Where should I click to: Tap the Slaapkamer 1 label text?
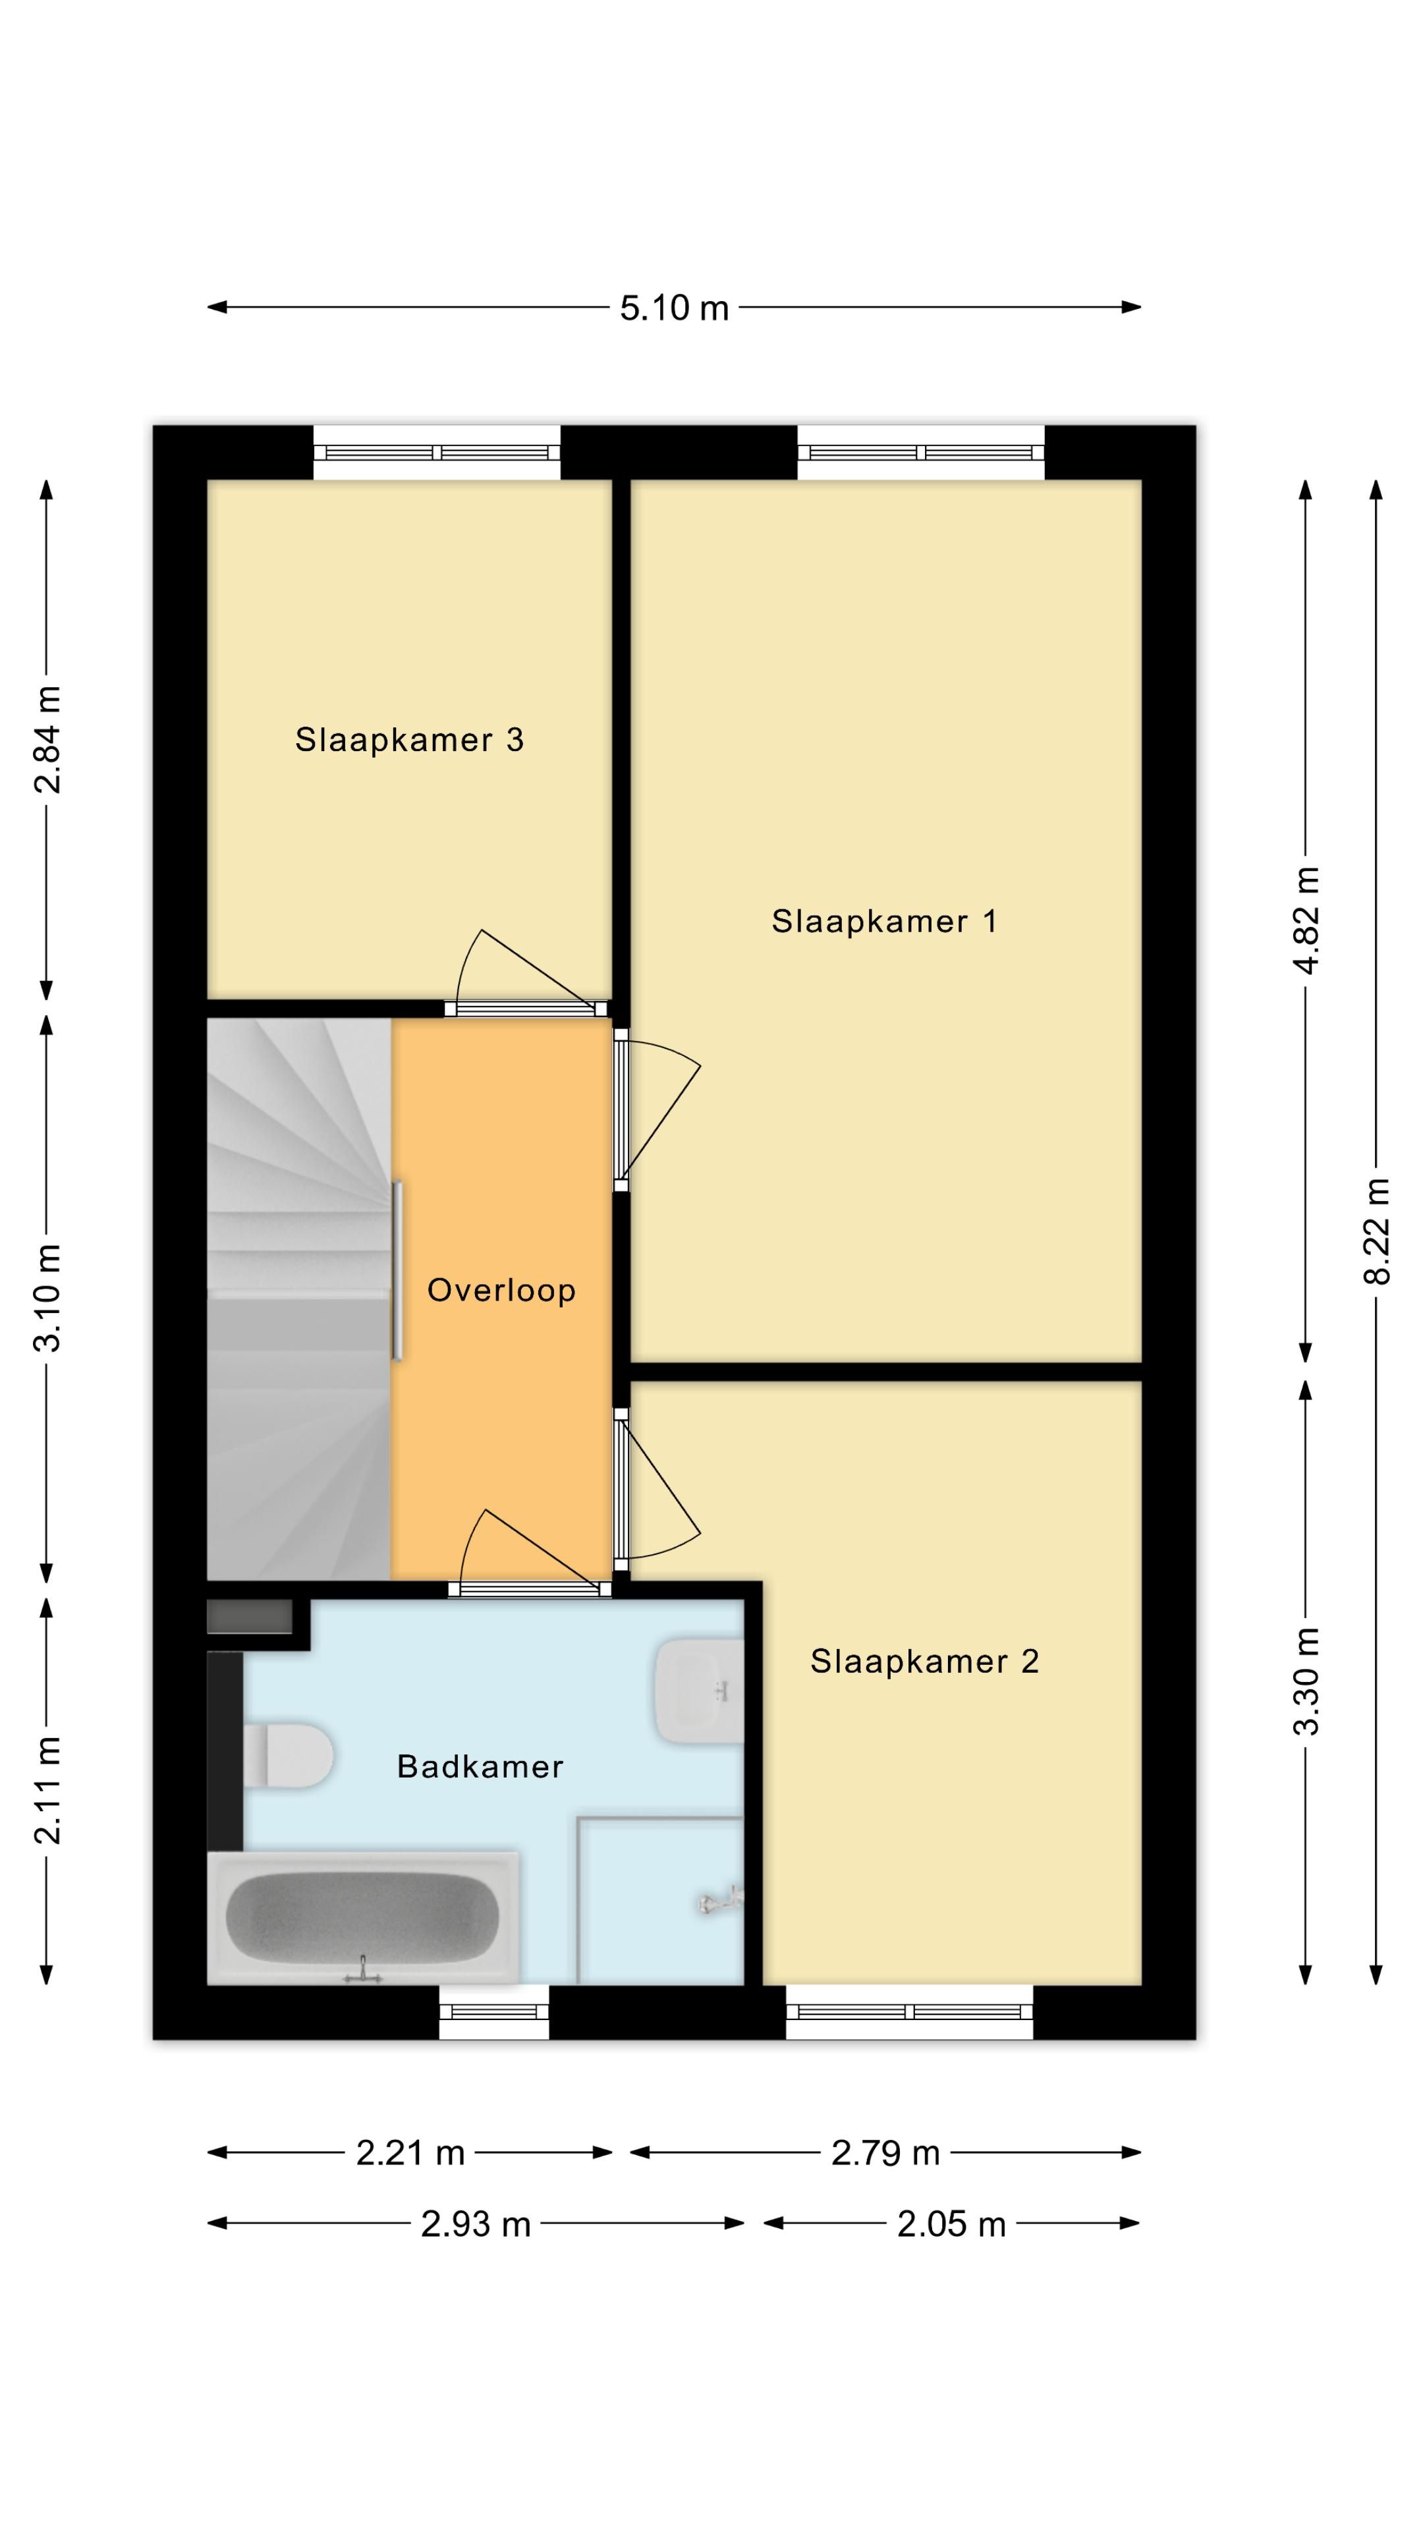point(884,920)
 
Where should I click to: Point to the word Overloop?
point(501,1289)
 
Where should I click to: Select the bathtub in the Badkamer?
point(362,1917)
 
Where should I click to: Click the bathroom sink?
point(699,1690)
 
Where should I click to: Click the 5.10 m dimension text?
point(674,308)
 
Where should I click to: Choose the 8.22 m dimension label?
point(1377,1231)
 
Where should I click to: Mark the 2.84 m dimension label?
point(47,739)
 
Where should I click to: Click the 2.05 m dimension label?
point(951,2224)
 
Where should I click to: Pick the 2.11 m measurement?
point(47,1789)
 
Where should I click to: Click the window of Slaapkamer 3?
point(437,453)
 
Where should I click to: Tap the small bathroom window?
point(494,2011)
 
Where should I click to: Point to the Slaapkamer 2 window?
point(909,2011)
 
